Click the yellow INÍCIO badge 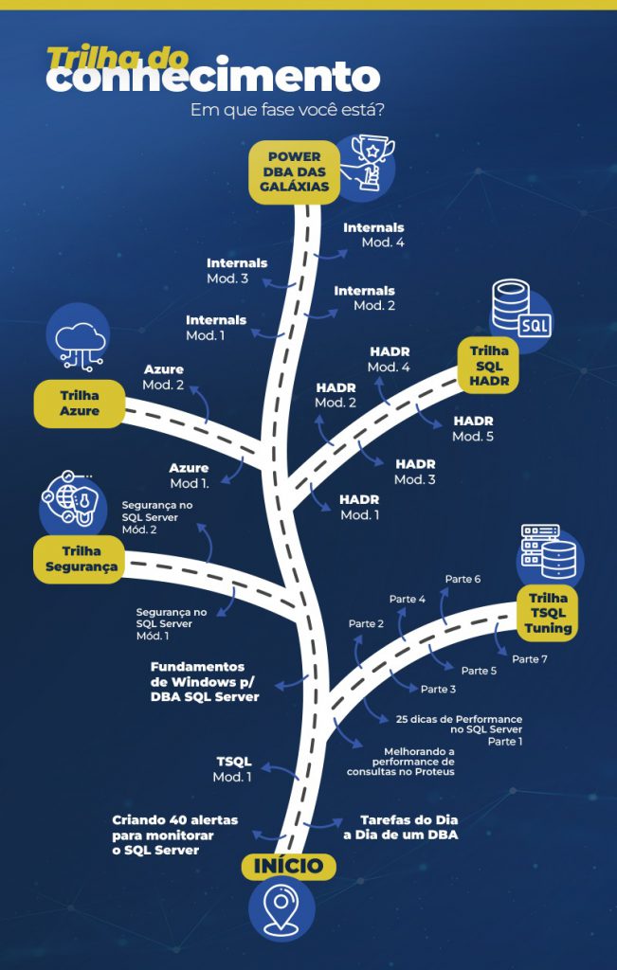click(x=289, y=866)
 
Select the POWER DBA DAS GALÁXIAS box click(x=294, y=171)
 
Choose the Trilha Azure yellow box click(x=80, y=403)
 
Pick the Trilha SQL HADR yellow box click(x=489, y=366)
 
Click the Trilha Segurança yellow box click(x=82, y=559)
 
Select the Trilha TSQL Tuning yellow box click(x=549, y=612)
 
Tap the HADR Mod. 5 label click(x=473, y=428)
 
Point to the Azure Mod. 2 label click(x=164, y=377)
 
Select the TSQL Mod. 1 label click(x=233, y=769)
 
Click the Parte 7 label click(x=530, y=658)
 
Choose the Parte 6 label click(x=463, y=578)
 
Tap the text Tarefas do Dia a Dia click(x=408, y=827)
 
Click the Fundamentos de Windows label click(x=203, y=681)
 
